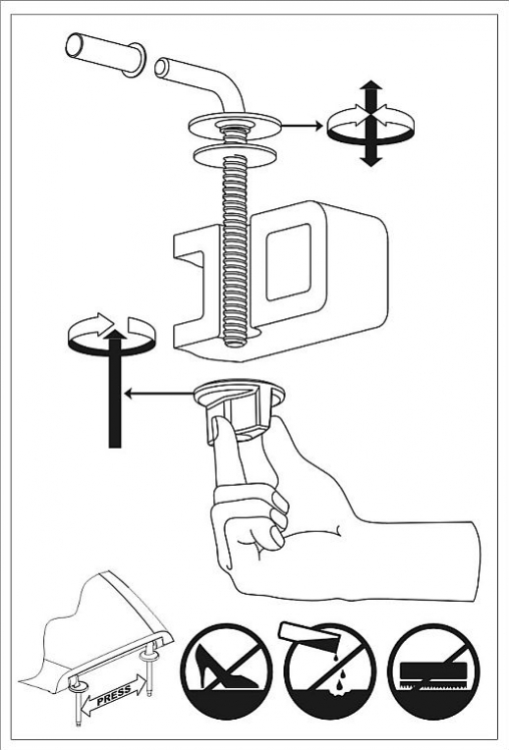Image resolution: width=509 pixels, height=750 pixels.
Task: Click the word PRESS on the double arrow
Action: [x=114, y=696]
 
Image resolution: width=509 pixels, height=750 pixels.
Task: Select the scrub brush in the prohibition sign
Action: [x=433, y=675]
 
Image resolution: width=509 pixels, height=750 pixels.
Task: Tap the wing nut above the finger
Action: [x=240, y=406]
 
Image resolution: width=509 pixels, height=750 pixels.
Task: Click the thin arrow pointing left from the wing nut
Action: [x=158, y=394]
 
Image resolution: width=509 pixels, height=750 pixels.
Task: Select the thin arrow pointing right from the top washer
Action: [x=302, y=126]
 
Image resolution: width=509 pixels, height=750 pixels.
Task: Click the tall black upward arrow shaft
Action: [x=115, y=388]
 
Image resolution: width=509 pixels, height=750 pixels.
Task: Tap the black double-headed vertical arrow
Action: [x=370, y=123]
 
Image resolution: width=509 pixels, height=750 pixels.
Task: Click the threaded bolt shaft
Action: [x=235, y=240]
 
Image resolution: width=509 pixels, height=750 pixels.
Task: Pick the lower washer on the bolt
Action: [x=235, y=155]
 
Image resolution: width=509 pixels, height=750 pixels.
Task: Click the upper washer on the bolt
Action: [x=234, y=126]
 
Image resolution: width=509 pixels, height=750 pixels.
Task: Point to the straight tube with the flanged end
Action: [x=106, y=54]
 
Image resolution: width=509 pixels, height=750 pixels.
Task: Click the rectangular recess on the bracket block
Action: [x=288, y=262]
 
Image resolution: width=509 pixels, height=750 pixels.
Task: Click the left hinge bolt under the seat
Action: [x=77, y=702]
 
